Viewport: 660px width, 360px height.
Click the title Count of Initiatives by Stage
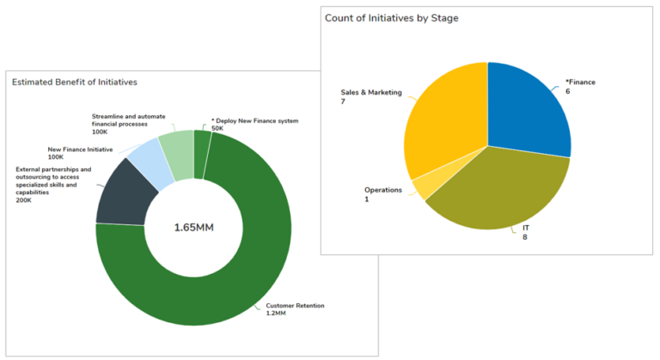click(391, 18)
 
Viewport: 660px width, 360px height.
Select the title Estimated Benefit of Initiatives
click(74, 82)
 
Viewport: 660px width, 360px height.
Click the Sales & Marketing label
click(370, 92)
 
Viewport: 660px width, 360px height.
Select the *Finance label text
click(580, 82)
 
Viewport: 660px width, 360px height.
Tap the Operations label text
click(383, 190)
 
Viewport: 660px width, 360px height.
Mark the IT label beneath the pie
click(526, 228)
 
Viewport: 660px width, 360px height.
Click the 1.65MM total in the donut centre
click(192, 228)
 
